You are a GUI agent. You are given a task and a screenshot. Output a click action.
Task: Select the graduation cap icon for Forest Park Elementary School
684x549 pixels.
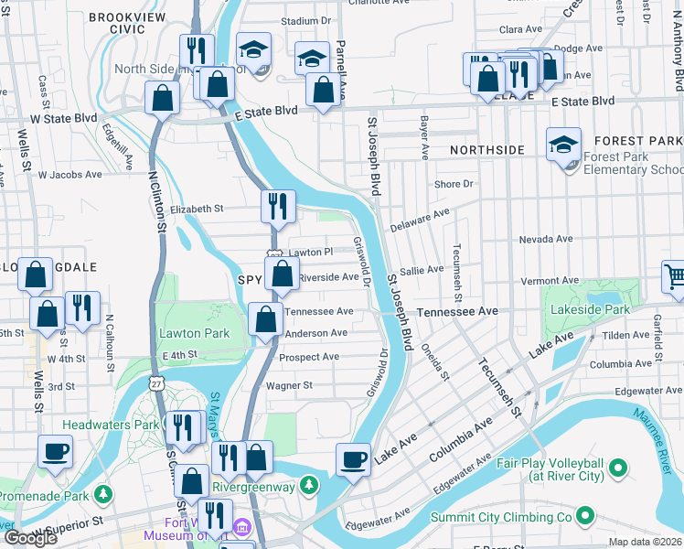pos(563,145)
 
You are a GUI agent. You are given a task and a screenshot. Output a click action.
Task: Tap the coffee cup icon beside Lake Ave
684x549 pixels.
pos(352,459)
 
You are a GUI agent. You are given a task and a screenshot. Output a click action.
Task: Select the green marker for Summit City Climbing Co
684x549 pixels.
pos(610,518)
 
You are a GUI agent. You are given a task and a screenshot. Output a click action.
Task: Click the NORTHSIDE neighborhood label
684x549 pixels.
pos(486,149)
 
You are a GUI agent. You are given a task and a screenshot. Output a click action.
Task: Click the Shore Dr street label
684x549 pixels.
pos(454,184)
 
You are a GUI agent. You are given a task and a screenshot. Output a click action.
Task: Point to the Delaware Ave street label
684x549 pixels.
pos(420,218)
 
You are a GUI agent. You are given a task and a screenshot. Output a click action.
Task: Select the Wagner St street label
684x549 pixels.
pos(289,385)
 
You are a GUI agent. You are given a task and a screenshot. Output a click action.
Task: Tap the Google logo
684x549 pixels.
pos(30,537)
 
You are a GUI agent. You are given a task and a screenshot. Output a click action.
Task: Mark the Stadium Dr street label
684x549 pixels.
pos(305,20)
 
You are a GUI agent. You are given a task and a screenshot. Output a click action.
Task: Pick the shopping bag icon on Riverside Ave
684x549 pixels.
pos(282,274)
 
